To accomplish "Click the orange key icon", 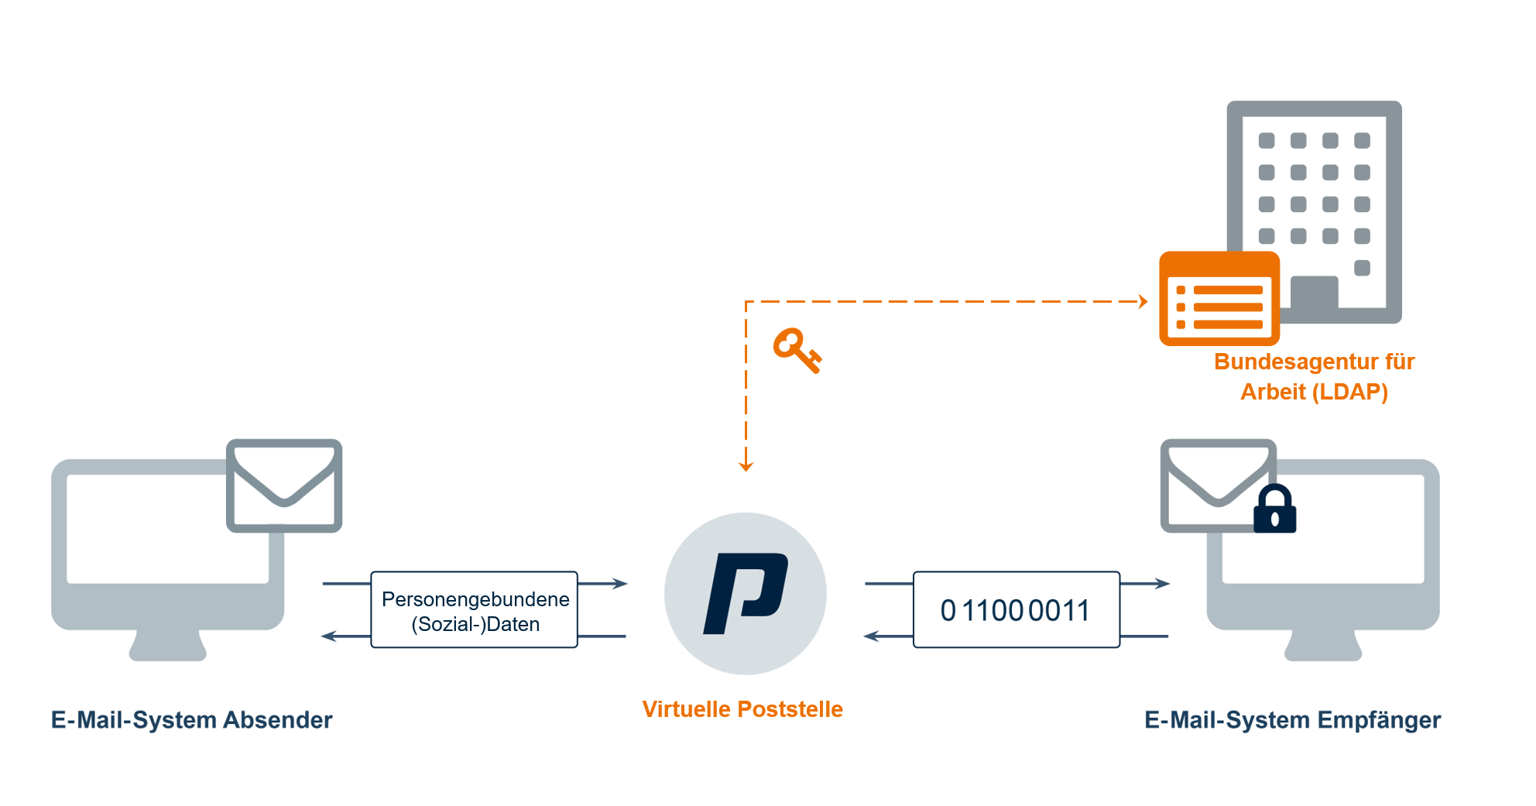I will click(796, 350).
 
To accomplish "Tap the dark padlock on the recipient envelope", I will click(1274, 511).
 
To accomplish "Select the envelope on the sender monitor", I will click(284, 485).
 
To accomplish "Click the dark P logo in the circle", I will click(745, 594).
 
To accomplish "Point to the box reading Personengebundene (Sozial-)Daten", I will click(475, 610).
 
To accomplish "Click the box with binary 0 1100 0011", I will click(1016, 610).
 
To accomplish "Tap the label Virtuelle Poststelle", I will click(742, 709).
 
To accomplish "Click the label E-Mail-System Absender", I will click(191, 720).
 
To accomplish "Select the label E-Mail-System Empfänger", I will click(1292, 720).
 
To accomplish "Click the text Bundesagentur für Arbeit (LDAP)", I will click(1314, 376).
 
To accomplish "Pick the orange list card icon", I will click(1219, 299).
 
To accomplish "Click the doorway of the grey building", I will click(1314, 293).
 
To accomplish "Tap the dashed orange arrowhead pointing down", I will click(746, 465).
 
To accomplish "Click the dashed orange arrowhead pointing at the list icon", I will click(1143, 301).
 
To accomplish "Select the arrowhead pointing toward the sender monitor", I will click(329, 636).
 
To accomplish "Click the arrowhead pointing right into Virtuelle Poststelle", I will click(620, 583).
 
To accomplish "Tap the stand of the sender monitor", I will click(168, 646).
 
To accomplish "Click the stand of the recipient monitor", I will click(1323, 646).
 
